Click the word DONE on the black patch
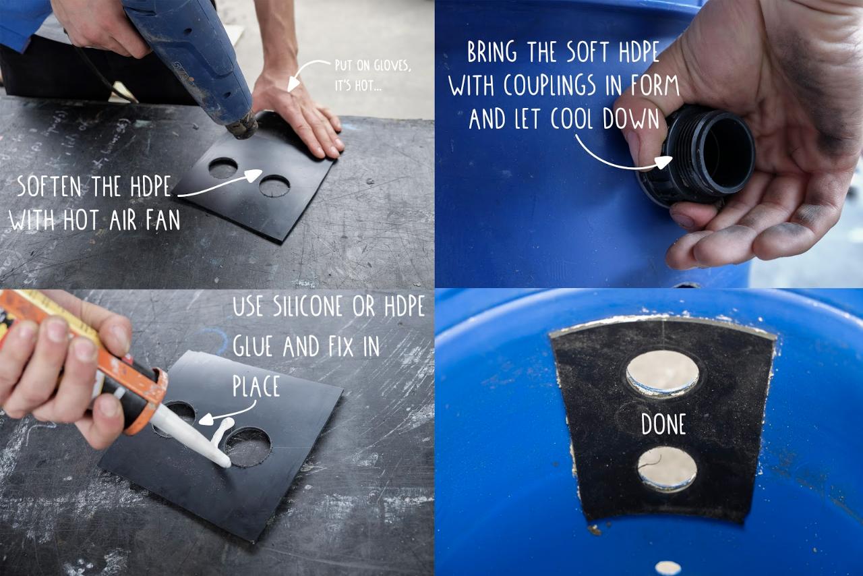663,424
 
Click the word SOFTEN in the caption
49,187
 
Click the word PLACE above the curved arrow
256,386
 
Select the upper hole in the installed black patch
663,373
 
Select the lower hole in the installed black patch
667,469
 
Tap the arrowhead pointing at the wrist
293,84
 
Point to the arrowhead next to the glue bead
206,419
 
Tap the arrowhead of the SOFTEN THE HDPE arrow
254,175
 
